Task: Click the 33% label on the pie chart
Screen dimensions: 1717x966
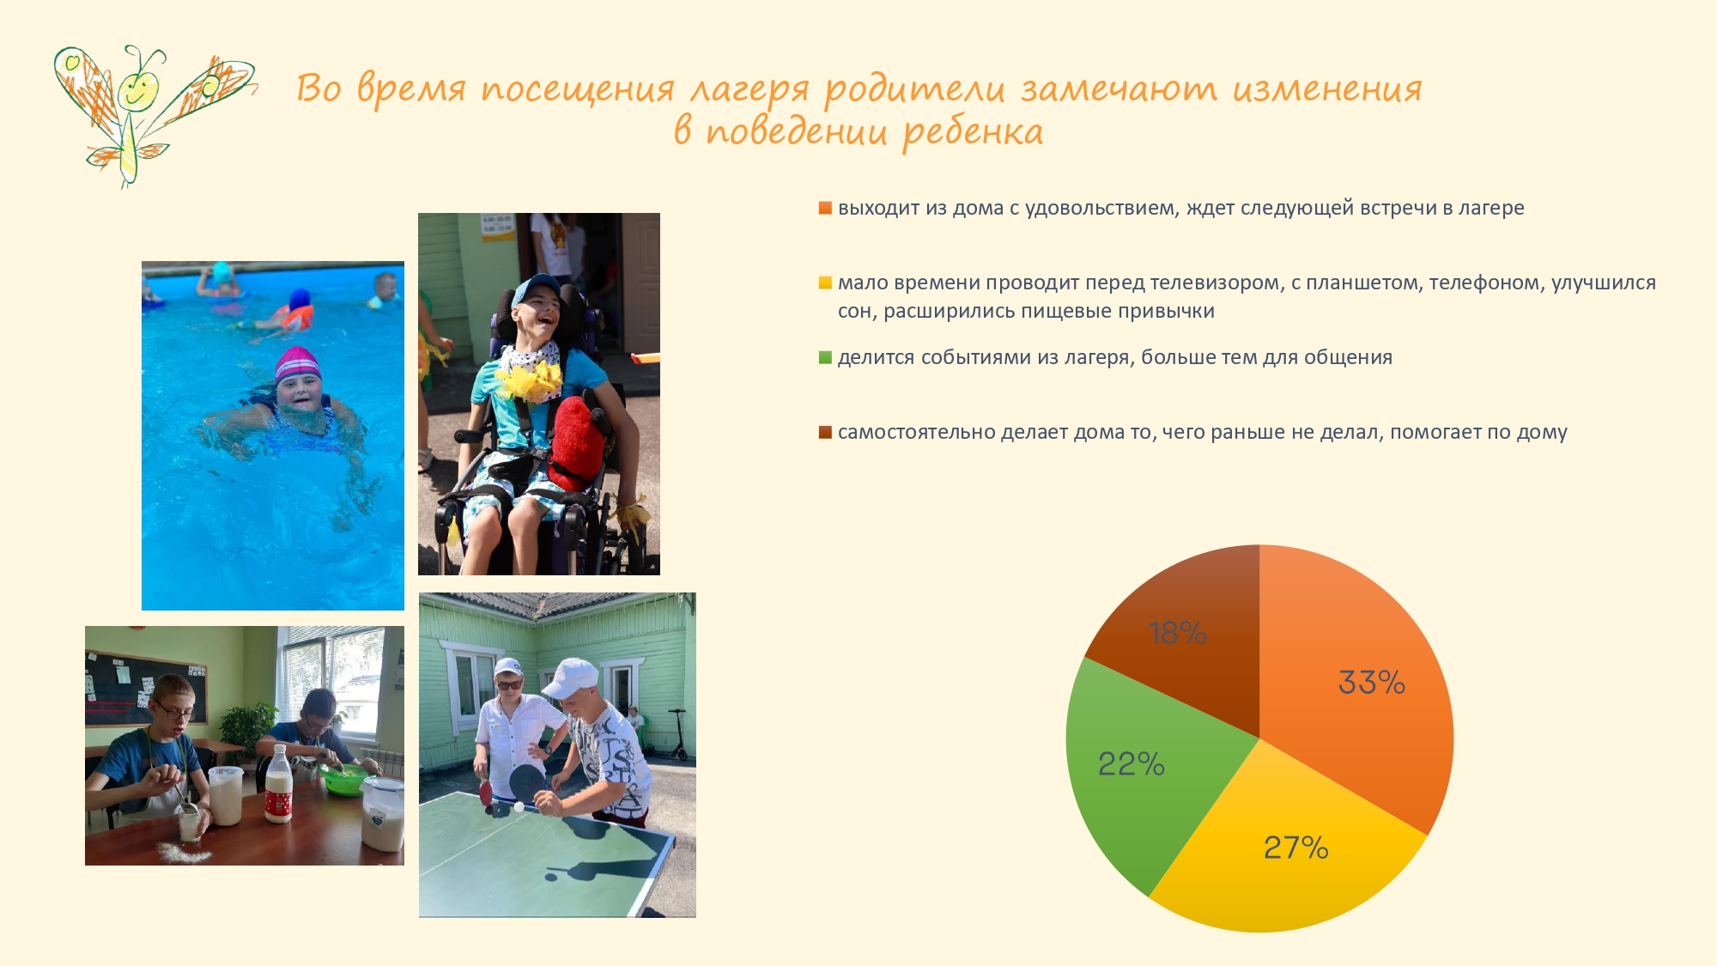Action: [1372, 683]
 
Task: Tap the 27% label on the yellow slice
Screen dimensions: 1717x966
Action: [1296, 848]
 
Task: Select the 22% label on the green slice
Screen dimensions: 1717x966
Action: [1132, 763]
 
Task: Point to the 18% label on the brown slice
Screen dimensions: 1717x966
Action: [1178, 633]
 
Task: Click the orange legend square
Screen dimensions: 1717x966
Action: [825, 208]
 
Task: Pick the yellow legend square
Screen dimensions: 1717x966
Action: [825, 283]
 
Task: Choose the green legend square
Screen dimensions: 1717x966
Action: [825, 357]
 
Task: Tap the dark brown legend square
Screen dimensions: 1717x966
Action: [825, 432]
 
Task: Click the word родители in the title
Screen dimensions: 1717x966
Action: [914, 90]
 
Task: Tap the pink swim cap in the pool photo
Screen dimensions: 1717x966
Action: [297, 364]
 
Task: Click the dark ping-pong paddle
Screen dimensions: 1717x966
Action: [527, 783]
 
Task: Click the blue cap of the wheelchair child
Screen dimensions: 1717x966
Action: [536, 289]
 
